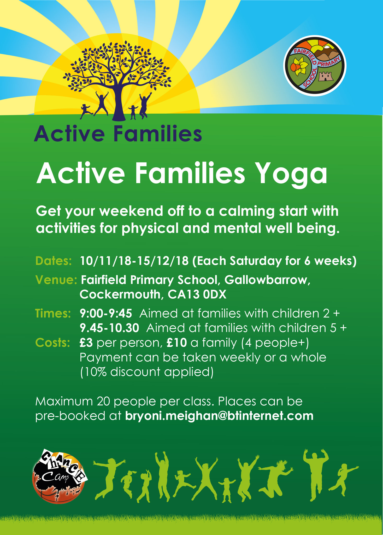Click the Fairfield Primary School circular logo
tap(315, 66)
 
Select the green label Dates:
tap(54, 261)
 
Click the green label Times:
tap(53, 313)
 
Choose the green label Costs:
tap(52, 342)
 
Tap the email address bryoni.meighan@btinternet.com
tap(219, 416)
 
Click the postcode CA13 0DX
tap(197, 294)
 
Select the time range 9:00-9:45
tap(106, 313)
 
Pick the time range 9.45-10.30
tap(109, 328)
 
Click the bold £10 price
tap(177, 342)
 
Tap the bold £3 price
tap(86, 342)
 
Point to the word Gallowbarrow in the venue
tap(267, 280)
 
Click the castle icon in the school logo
tap(325, 76)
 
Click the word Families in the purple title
tap(158, 133)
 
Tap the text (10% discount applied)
tap(146, 372)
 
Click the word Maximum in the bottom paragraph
tap(64, 401)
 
